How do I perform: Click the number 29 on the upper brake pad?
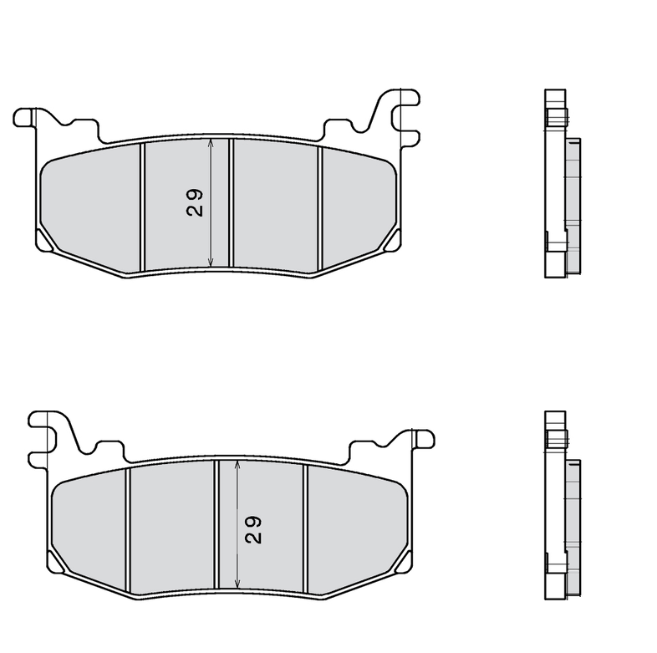click(x=195, y=202)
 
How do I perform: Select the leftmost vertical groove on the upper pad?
click(x=143, y=207)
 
